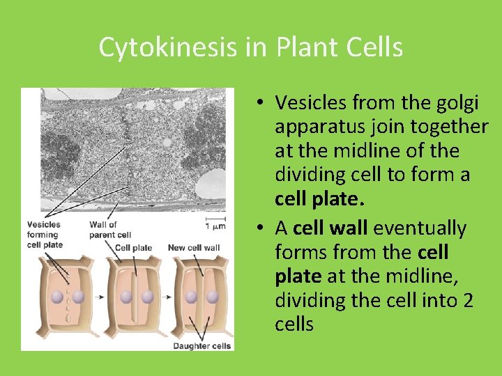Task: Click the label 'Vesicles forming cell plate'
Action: [x=45, y=235]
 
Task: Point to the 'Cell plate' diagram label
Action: [x=133, y=248]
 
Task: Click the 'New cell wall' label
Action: [x=194, y=248]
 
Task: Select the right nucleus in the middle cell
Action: [x=146, y=297]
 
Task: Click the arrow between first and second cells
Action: [x=100, y=297]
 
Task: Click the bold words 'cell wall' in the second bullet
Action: [x=330, y=228]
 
